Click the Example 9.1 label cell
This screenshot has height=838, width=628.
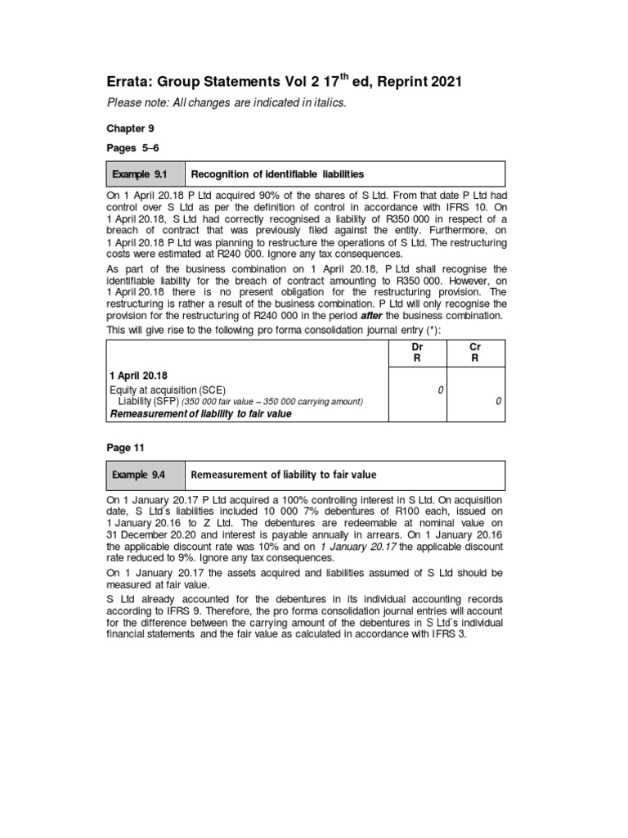tap(145, 174)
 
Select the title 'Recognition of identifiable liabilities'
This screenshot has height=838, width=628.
tap(278, 174)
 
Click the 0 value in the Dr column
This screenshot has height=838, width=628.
tap(440, 390)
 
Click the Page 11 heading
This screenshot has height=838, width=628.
tap(124, 448)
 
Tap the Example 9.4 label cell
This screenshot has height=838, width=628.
tap(145, 475)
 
